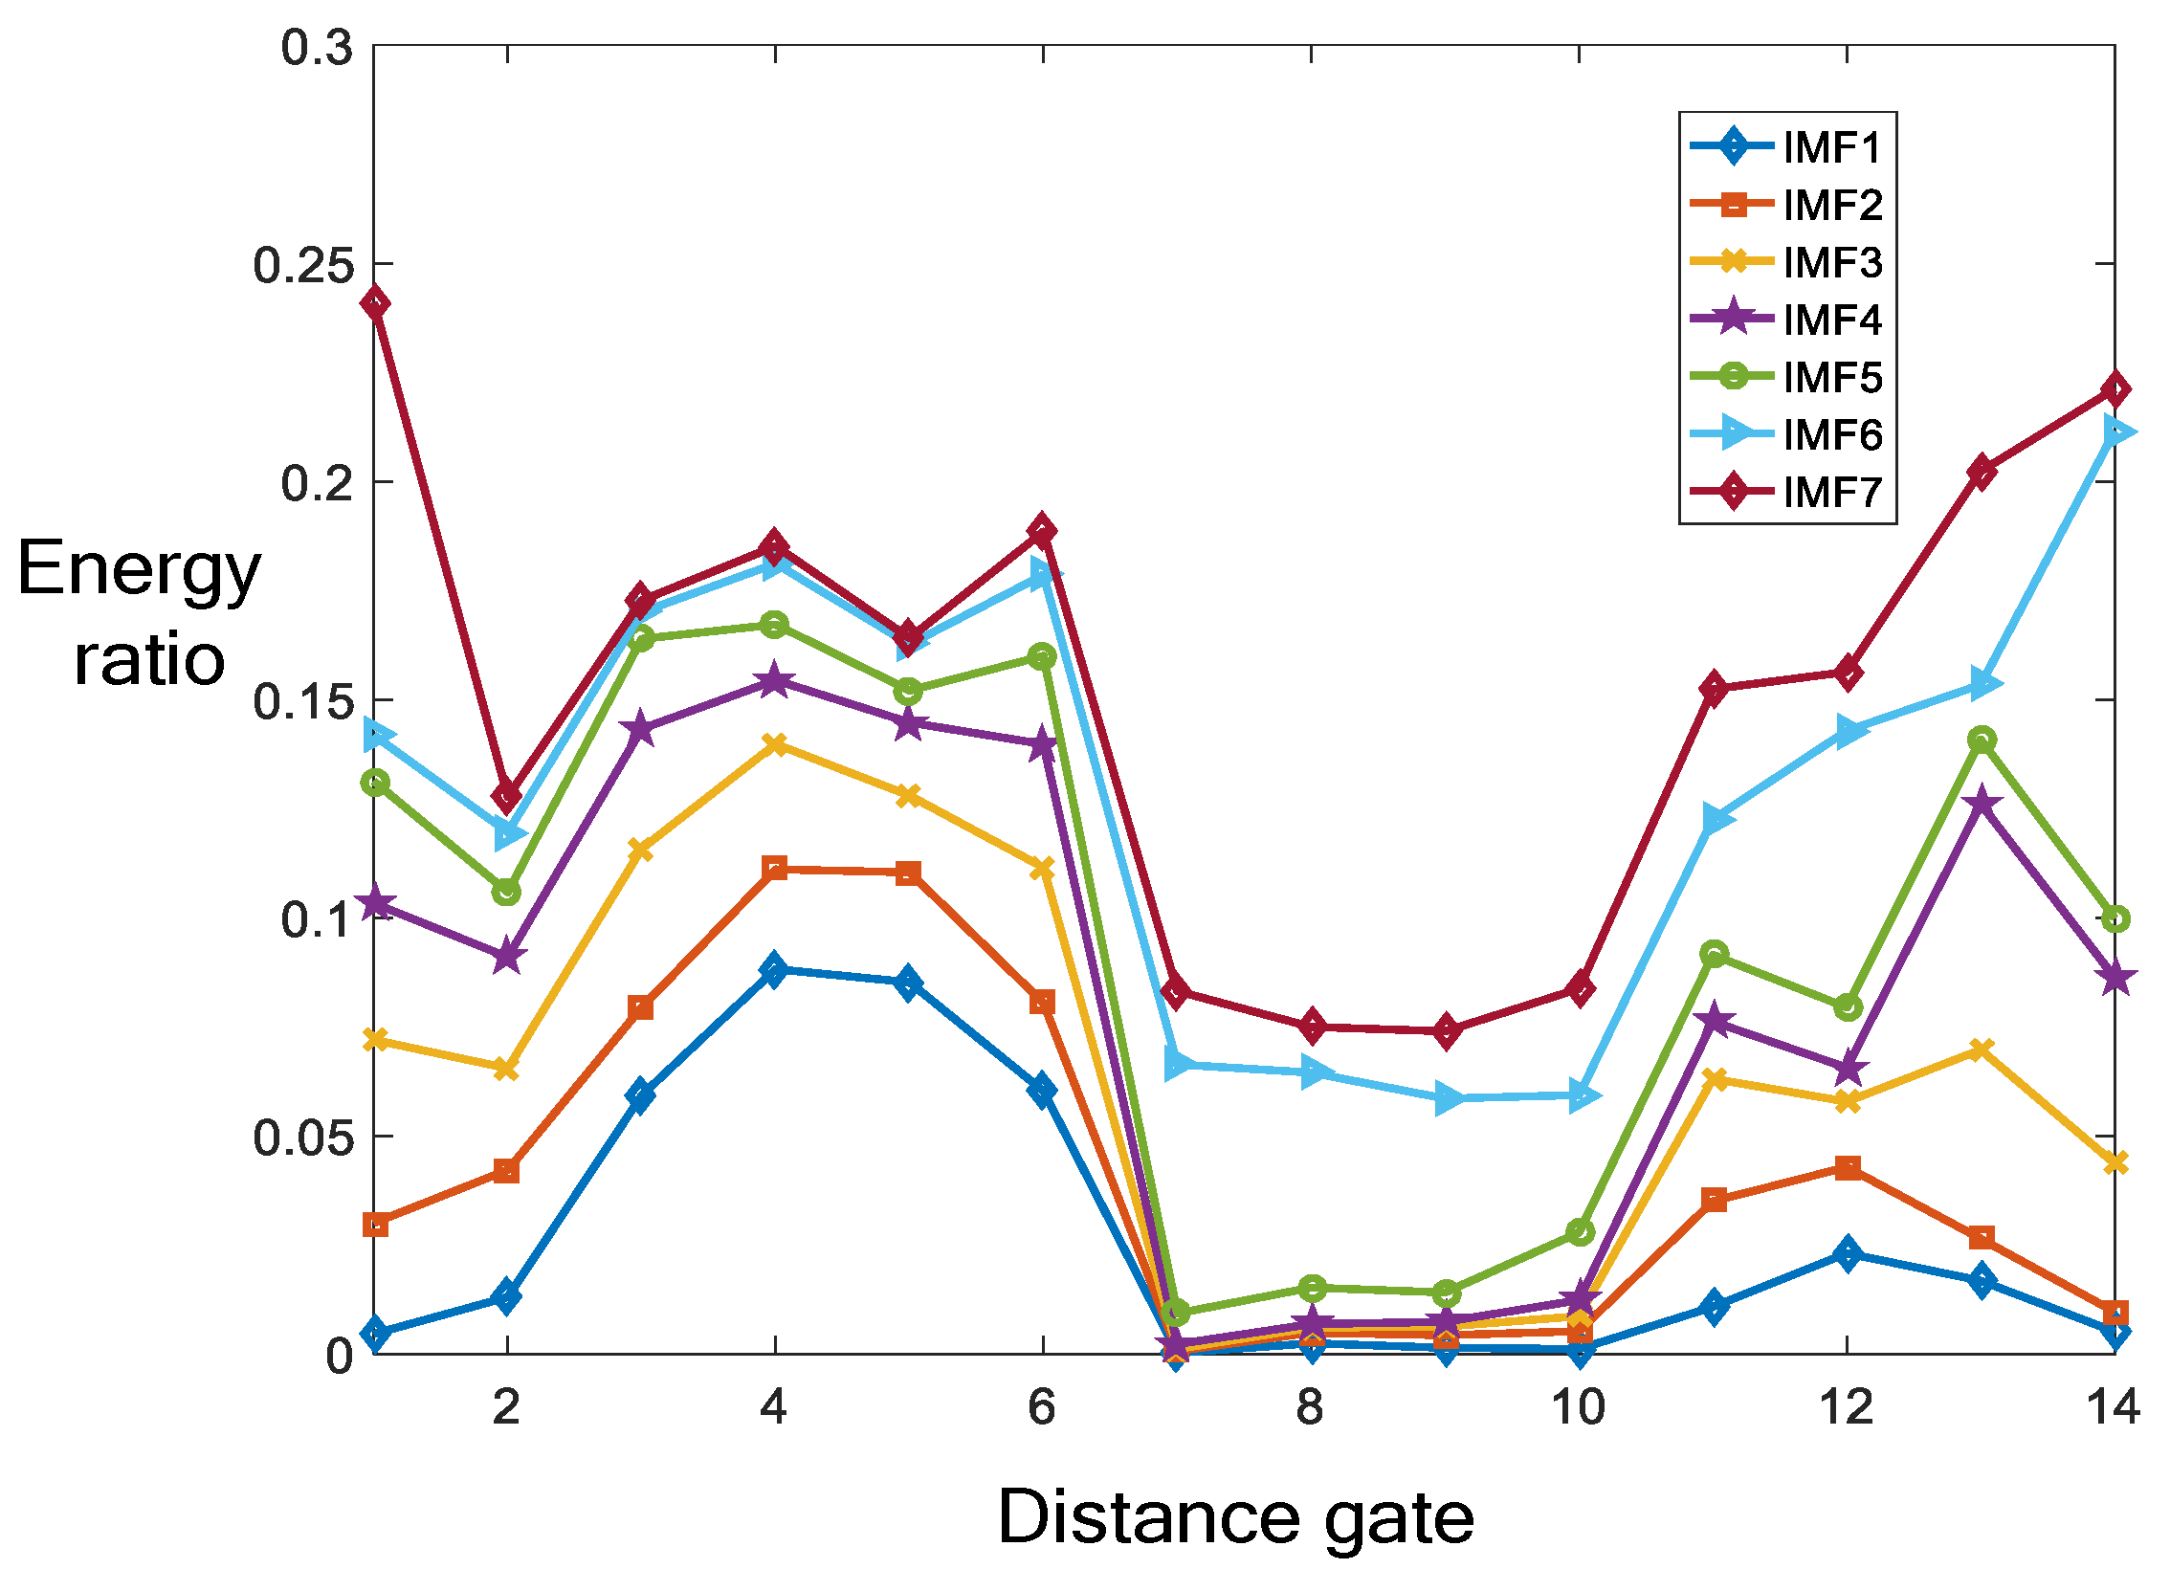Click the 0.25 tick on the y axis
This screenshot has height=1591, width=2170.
coord(302,265)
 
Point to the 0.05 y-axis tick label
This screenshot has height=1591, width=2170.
coord(302,1138)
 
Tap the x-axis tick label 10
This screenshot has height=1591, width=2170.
coord(1579,1408)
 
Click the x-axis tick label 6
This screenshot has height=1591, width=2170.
coord(1042,1408)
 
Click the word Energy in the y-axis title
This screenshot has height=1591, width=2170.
coord(139,569)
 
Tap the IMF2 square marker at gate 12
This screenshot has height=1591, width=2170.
coord(1848,1168)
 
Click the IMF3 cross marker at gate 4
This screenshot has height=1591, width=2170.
coord(774,744)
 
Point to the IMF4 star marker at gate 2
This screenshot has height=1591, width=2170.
coord(507,958)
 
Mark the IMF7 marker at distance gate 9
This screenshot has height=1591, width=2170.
coord(1446,1030)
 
